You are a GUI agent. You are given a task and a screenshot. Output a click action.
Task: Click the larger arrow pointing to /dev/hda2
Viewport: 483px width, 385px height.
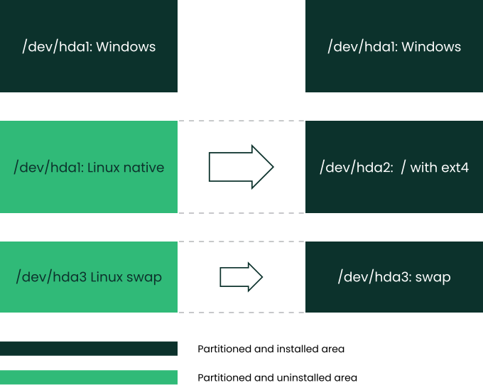pyautogui.click(x=241, y=167)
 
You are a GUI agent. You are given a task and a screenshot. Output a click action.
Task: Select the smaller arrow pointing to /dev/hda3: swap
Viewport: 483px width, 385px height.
pyautogui.click(x=241, y=277)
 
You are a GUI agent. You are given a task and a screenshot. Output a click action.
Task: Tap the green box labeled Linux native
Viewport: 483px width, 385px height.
pyautogui.click(x=89, y=167)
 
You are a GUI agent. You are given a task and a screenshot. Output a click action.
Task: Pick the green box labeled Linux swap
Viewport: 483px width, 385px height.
pyautogui.click(x=89, y=277)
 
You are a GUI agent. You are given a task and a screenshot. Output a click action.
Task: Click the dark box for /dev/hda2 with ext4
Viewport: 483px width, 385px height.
pyautogui.click(x=394, y=167)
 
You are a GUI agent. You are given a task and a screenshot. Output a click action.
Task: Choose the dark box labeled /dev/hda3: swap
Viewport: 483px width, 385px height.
pyautogui.click(x=394, y=277)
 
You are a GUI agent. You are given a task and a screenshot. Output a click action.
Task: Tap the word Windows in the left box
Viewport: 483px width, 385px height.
pyautogui.click(x=126, y=47)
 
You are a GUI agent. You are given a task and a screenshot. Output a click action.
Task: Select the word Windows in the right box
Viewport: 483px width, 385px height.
pyautogui.click(x=431, y=47)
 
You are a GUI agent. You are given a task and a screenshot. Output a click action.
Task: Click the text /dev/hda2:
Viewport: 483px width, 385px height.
pyautogui.click(x=357, y=168)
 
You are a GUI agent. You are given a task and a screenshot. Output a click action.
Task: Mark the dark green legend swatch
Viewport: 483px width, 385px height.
pyautogui.click(x=89, y=349)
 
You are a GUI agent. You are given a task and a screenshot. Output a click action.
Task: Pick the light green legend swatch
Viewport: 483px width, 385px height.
pyautogui.click(x=89, y=377)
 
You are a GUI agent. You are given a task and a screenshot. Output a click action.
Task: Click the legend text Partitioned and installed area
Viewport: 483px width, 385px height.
pyautogui.click(x=271, y=349)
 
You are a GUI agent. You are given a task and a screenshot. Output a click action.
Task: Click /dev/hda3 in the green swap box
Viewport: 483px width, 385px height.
pyautogui.click(x=51, y=277)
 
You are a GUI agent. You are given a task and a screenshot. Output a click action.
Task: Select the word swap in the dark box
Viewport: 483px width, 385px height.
pyautogui.click(x=433, y=278)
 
